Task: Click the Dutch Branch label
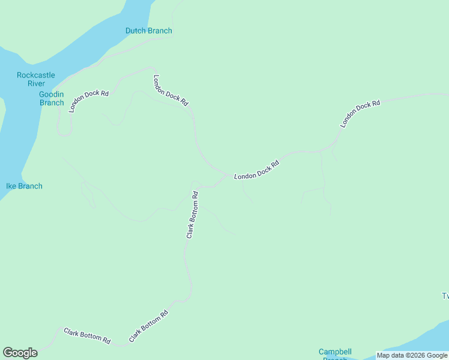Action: click(148, 31)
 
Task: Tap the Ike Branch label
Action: click(24, 186)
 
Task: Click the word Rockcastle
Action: click(36, 75)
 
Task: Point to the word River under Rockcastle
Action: click(36, 83)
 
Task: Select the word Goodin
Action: click(52, 94)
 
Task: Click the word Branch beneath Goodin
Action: click(52, 103)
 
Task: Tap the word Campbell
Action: click(335, 352)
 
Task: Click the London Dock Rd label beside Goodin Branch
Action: click(88, 101)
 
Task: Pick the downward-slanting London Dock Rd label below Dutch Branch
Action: click(170, 91)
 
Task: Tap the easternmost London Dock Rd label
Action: click(360, 113)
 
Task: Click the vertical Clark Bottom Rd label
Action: click(192, 215)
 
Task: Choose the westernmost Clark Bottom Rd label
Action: click(87, 336)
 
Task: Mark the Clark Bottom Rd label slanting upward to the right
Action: click(148, 326)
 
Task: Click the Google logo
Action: click(20, 353)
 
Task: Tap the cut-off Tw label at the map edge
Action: click(445, 296)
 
